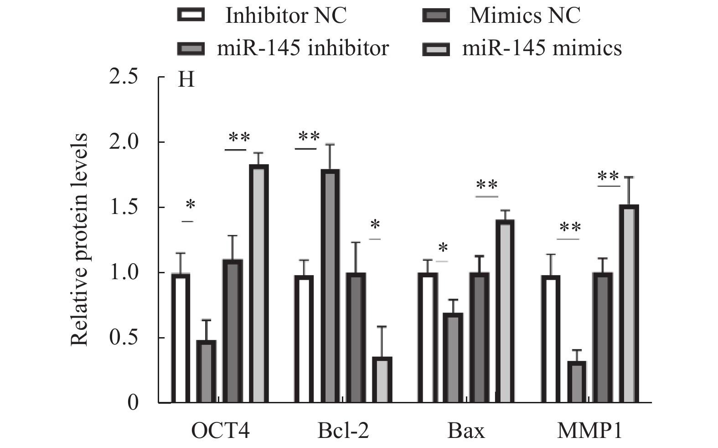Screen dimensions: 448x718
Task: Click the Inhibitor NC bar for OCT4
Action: point(181,338)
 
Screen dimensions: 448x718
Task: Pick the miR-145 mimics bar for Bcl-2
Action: point(382,380)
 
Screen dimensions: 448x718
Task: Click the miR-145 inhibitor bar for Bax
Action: point(453,358)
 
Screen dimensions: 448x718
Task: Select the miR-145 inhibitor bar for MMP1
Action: point(576,382)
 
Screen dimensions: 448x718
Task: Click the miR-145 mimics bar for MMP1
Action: point(629,304)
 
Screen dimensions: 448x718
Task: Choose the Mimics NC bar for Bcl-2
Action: point(356,338)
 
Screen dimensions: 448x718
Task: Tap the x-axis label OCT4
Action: point(220,431)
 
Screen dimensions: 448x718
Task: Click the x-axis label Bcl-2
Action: point(343,431)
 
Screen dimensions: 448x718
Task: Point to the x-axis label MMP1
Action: point(589,431)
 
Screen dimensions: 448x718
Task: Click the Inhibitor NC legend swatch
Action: point(191,16)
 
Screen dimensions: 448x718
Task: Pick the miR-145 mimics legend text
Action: point(542,47)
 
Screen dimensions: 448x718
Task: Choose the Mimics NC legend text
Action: point(525,16)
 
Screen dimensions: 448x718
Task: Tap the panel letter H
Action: point(186,80)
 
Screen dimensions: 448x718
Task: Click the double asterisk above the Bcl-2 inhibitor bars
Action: point(309,136)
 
